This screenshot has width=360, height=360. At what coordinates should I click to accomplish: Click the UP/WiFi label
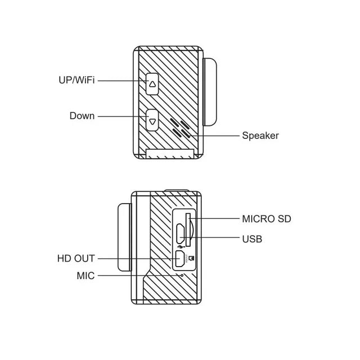click(x=76, y=80)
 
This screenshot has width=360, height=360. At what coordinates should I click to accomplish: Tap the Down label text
click(x=82, y=116)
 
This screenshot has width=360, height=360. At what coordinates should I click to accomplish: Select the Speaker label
click(x=260, y=136)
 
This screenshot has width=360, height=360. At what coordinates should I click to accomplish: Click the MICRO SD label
click(x=267, y=219)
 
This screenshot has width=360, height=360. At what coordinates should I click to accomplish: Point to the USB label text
click(x=252, y=239)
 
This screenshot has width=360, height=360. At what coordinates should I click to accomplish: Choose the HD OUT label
click(x=76, y=258)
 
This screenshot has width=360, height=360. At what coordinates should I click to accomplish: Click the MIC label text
click(x=85, y=276)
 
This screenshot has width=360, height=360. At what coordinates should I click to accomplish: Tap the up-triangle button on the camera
click(x=152, y=84)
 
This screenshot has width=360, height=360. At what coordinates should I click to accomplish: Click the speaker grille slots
click(x=180, y=128)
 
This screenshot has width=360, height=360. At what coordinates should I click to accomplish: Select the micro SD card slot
click(x=188, y=230)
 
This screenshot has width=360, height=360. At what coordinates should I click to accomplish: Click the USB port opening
click(x=181, y=234)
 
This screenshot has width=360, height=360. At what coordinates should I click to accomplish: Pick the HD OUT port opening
click(x=180, y=259)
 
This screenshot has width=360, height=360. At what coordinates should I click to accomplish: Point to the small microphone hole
click(x=182, y=275)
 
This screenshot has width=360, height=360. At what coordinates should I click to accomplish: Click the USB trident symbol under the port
click(x=181, y=247)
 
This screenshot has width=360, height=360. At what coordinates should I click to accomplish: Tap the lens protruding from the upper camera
click(x=210, y=92)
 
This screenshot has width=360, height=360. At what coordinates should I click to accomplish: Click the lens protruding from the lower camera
click(x=125, y=237)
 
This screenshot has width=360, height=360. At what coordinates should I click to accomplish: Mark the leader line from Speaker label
click(x=215, y=136)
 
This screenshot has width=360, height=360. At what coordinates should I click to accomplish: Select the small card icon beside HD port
click(x=191, y=259)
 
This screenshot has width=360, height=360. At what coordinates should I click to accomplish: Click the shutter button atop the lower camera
click(x=176, y=190)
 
